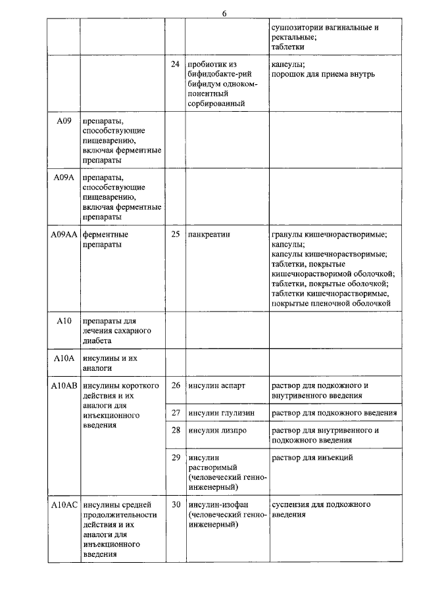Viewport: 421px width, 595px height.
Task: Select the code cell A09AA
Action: click(x=64, y=234)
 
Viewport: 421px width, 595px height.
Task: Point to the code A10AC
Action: click(x=64, y=504)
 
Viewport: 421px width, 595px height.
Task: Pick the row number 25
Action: click(x=175, y=234)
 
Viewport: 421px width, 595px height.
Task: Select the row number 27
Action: click(x=175, y=413)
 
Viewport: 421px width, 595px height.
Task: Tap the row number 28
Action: click(x=175, y=431)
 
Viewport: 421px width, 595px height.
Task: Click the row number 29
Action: click(x=175, y=457)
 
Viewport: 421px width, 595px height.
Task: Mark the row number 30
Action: click(x=175, y=504)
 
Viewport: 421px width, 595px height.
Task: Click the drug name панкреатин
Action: click(x=209, y=234)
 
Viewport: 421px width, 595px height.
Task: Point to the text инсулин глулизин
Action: click(x=222, y=413)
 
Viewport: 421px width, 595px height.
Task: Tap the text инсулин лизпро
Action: click(x=217, y=431)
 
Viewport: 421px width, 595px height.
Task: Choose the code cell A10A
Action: click(x=64, y=358)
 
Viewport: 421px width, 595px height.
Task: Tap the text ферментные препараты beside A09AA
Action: click(x=105, y=239)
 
